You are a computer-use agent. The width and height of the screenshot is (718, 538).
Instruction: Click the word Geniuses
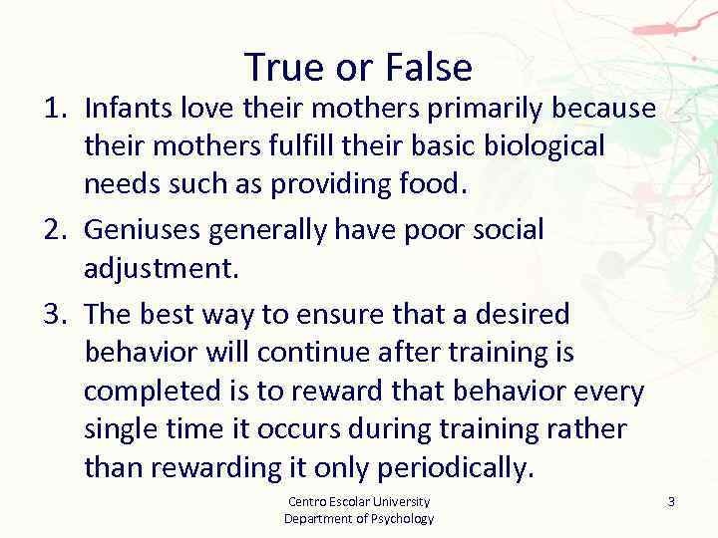(x=143, y=230)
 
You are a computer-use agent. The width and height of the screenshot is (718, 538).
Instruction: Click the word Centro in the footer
(x=304, y=502)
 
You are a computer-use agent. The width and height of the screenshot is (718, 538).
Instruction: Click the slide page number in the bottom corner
(x=671, y=502)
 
